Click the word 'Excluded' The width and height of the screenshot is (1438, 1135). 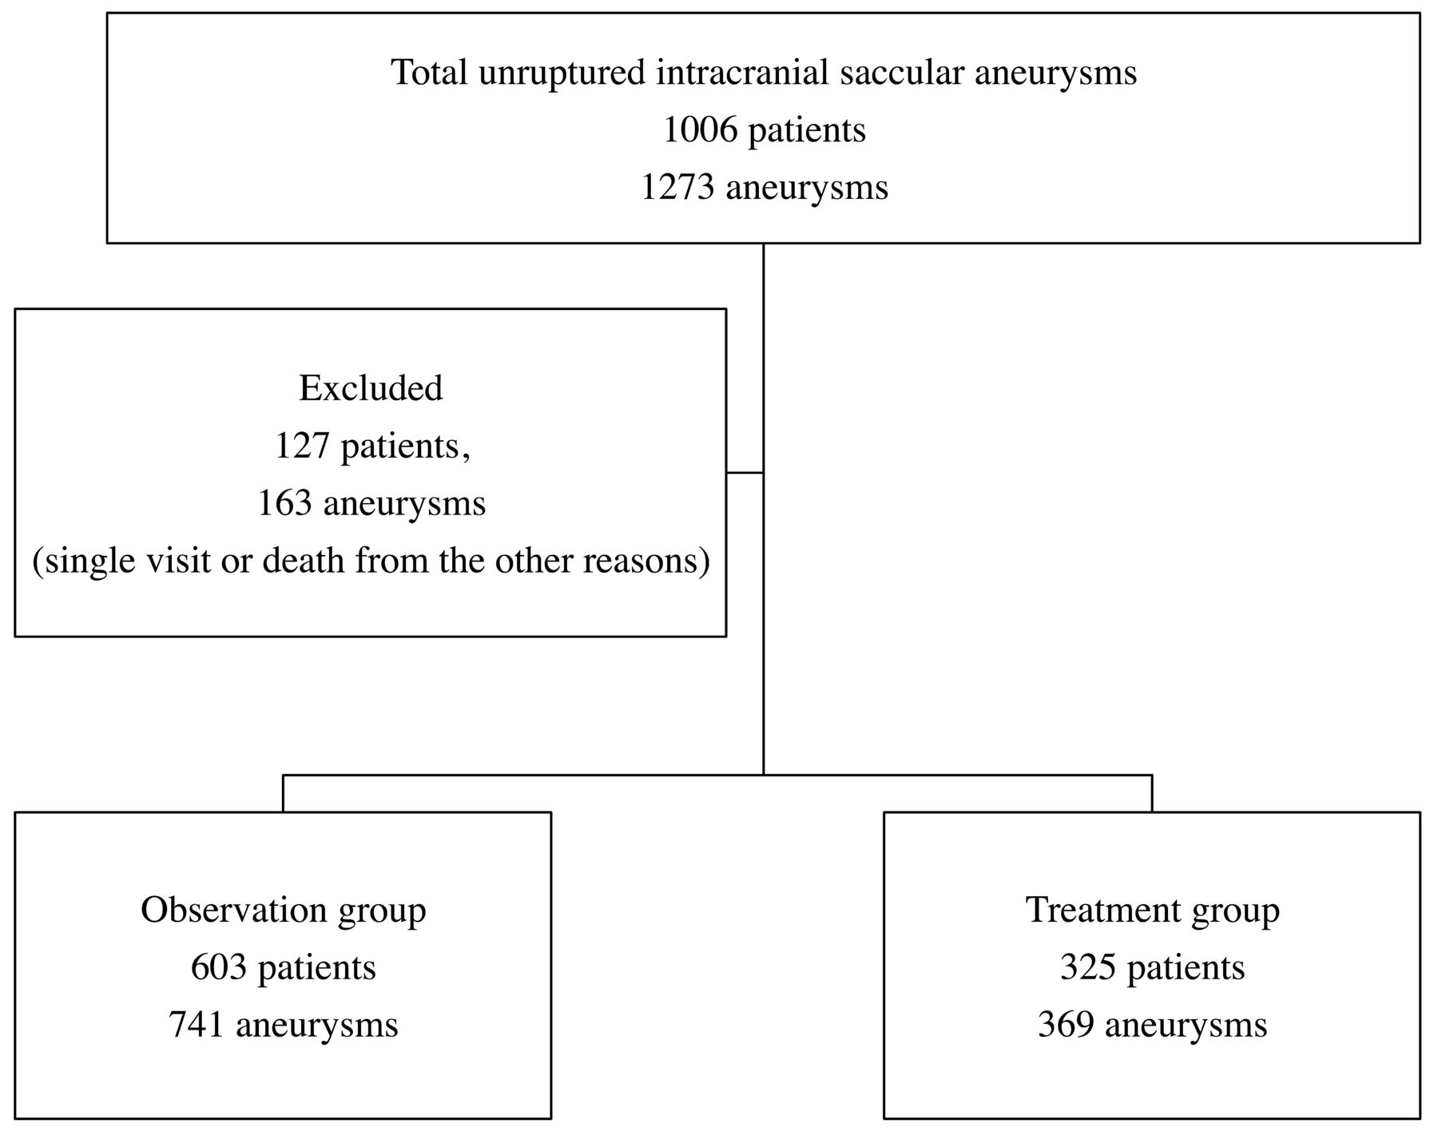[371, 388]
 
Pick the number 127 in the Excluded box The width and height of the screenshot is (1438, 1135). [302, 446]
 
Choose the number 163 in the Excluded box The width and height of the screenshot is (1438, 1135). [284, 504]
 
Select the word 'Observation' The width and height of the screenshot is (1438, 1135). [234, 910]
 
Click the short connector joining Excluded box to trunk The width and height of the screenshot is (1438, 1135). [745, 473]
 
